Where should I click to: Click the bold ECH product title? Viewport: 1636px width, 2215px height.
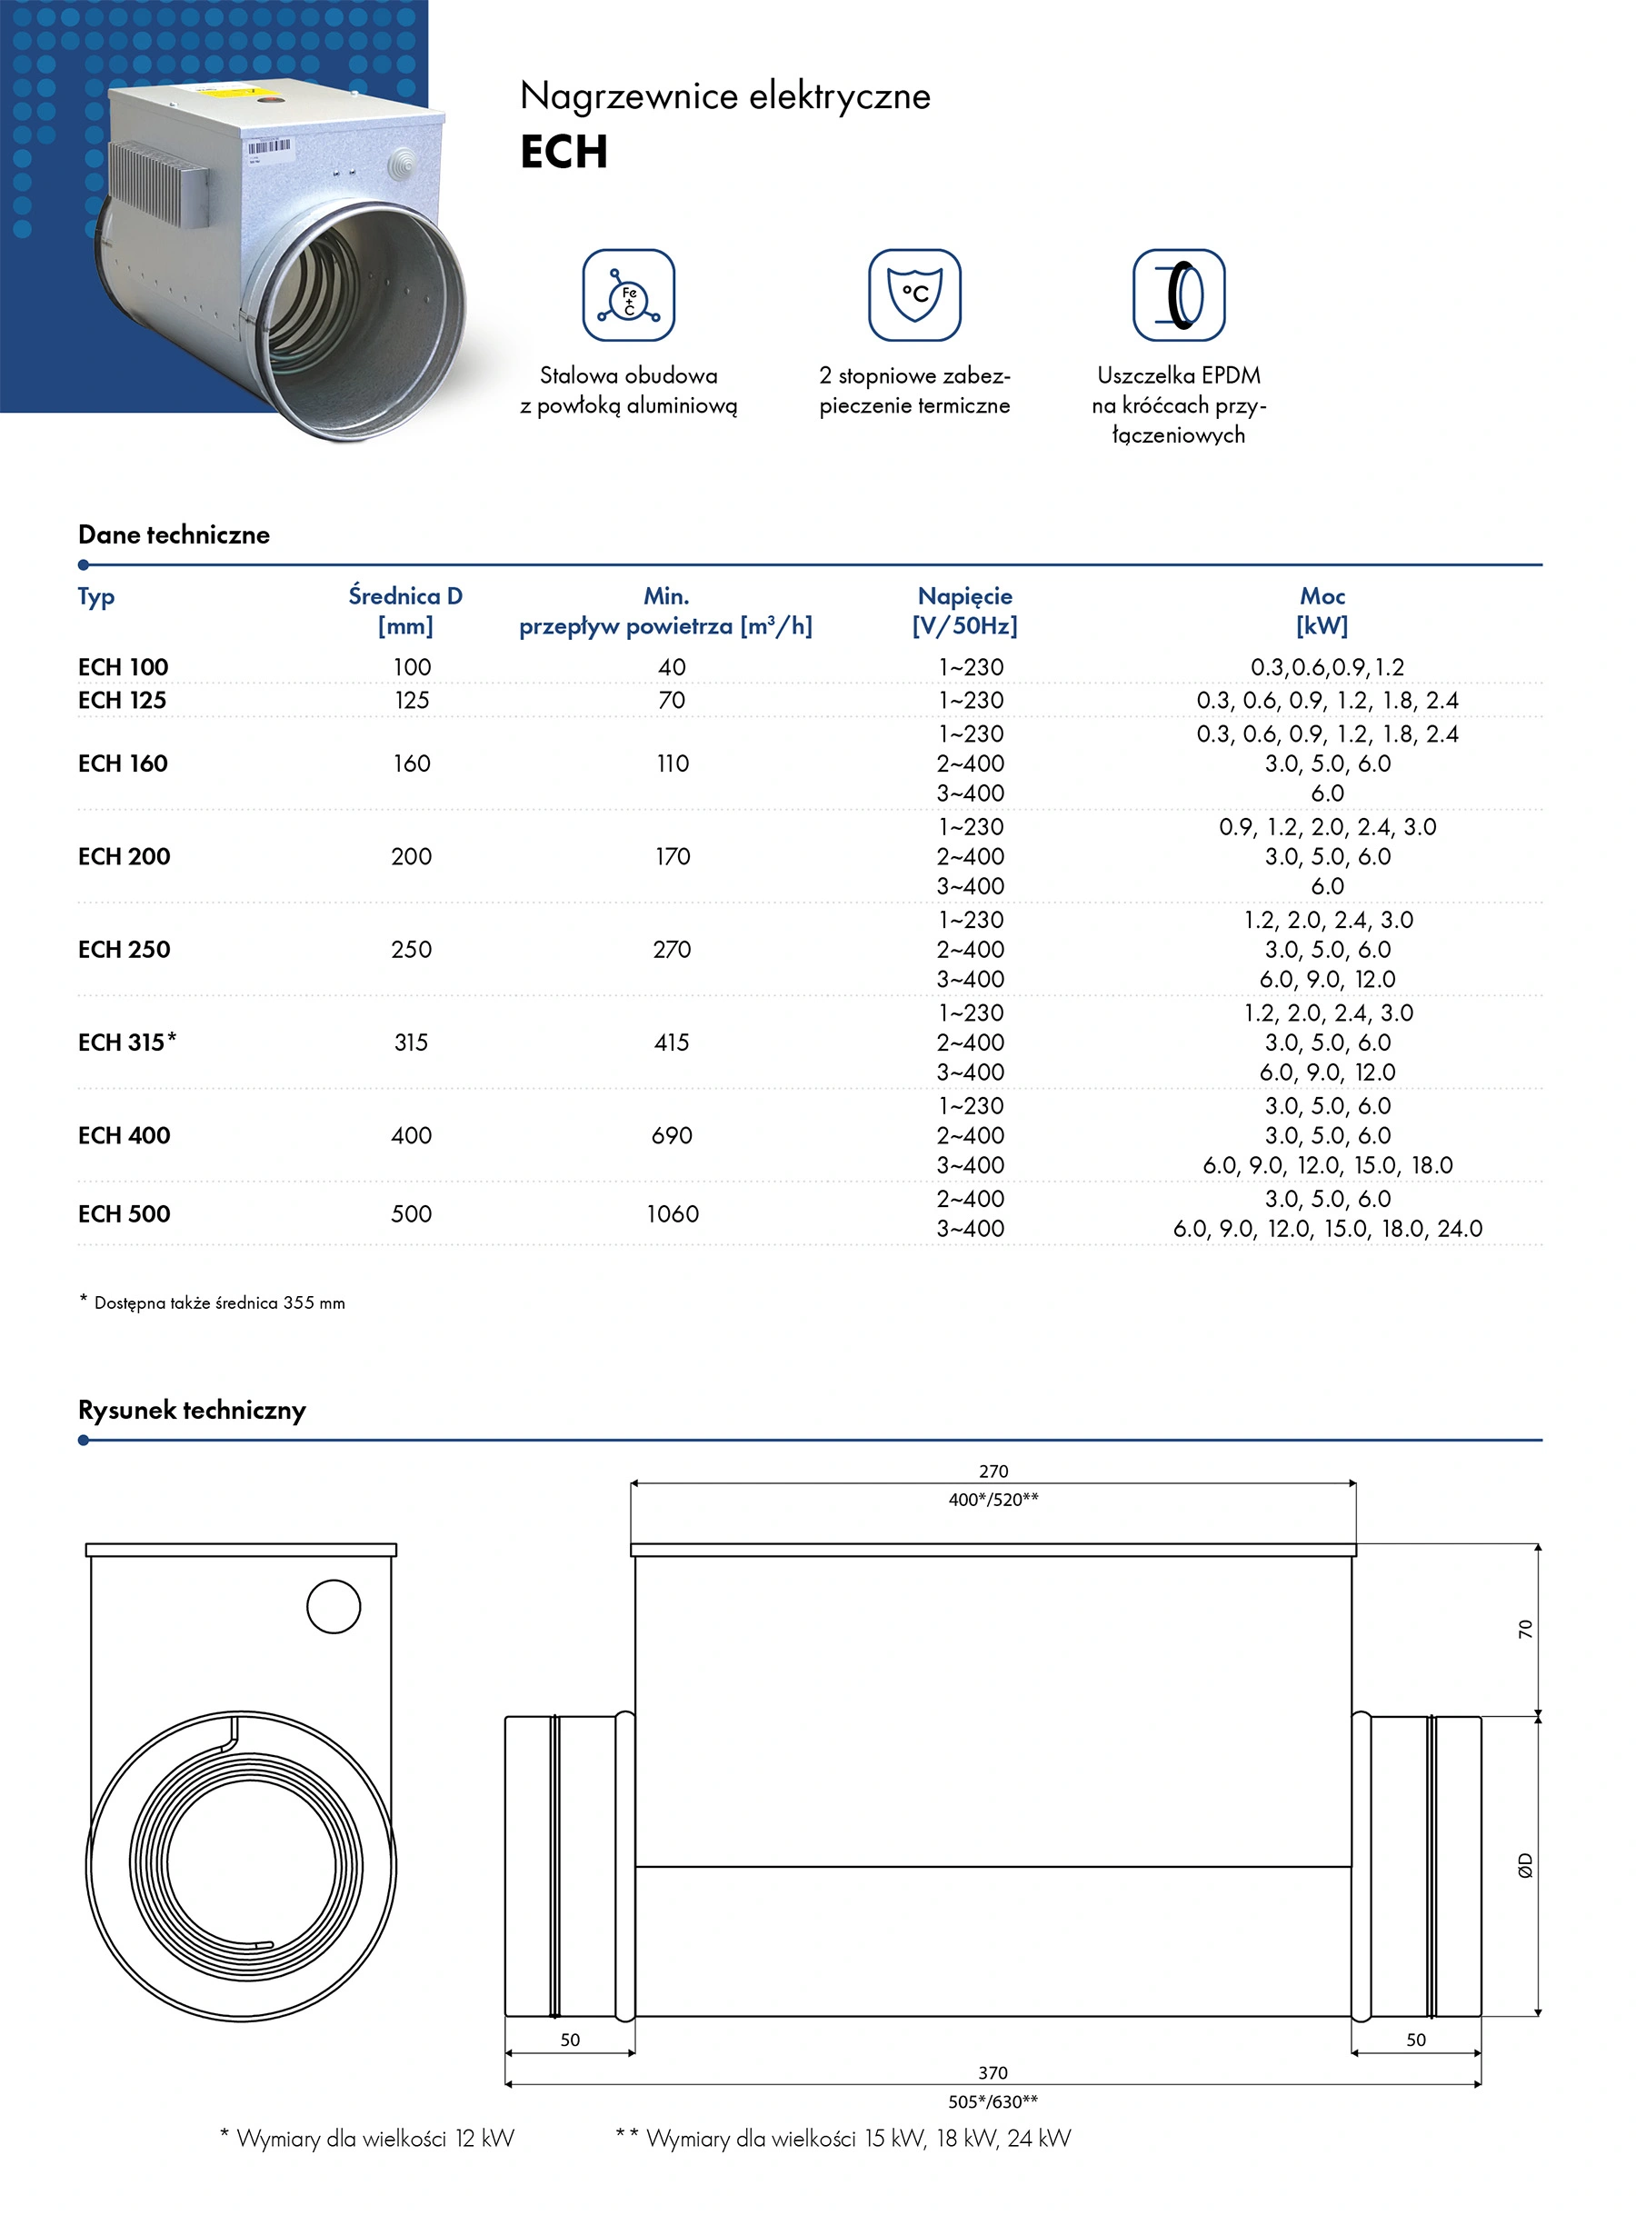pos(564,153)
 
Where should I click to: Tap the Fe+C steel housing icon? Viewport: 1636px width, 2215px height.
pos(628,295)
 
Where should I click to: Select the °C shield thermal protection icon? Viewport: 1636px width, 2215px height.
pos(914,295)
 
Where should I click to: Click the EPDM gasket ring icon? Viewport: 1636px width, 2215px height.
pos(1179,295)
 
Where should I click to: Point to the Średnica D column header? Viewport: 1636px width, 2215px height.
pos(405,610)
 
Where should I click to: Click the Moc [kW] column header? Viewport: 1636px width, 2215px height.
pos(1322,610)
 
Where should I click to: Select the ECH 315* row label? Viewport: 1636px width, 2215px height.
pos(126,1042)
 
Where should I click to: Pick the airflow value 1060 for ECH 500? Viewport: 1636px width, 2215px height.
pos(673,1214)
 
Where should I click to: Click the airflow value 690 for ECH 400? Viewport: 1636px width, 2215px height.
pos(672,1136)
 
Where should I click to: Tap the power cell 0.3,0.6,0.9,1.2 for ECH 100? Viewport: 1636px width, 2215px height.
pos(1327,667)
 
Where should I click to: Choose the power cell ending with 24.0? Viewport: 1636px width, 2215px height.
pos(1327,1229)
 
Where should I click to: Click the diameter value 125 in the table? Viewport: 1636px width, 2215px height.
pos(412,700)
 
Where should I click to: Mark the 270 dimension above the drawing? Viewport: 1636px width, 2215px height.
pos(993,1472)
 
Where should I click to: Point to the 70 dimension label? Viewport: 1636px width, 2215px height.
pos(1525,1629)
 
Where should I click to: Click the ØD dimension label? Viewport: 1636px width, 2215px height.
pos(1525,1864)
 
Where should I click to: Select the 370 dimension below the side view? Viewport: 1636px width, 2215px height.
pos(993,2072)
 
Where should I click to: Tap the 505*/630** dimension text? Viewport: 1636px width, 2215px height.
pos(993,2101)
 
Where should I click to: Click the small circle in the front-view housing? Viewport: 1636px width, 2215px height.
pos(334,1606)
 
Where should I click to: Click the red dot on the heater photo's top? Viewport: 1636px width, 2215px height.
pos(265,97)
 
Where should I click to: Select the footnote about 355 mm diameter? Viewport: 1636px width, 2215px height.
pos(213,1303)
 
